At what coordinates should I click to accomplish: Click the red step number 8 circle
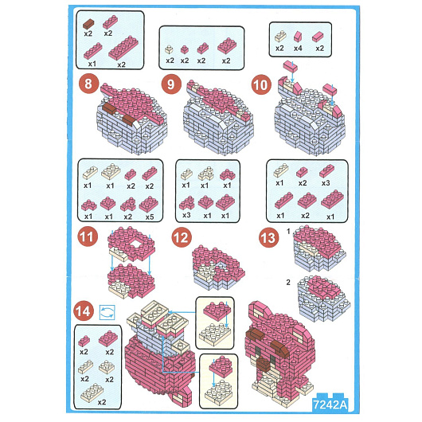(88, 84)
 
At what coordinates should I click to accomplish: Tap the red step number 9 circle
(171, 84)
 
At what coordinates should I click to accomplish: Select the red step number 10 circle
(261, 85)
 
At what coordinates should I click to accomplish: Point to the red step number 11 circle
(88, 236)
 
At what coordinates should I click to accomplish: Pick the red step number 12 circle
(182, 237)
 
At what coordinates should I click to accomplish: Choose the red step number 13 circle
(268, 237)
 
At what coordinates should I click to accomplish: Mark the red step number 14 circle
(84, 311)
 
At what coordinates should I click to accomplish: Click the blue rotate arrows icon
(107, 312)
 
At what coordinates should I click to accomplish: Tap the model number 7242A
(330, 404)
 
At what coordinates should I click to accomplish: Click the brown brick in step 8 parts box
(89, 24)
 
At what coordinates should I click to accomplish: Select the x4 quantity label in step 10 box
(298, 49)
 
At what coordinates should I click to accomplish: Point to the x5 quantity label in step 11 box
(150, 217)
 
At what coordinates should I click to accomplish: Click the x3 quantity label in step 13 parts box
(326, 183)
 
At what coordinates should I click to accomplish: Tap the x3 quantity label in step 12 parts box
(186, 215)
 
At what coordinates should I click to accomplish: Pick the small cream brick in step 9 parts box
(169, 49)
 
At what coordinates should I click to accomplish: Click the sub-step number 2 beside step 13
(288, 283)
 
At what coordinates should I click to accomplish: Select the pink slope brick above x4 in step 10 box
(298, 37)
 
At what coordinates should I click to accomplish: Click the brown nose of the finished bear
(264, 363)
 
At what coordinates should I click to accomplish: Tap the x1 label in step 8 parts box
(92, 64)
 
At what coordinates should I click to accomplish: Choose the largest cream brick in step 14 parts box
(92, 391)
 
